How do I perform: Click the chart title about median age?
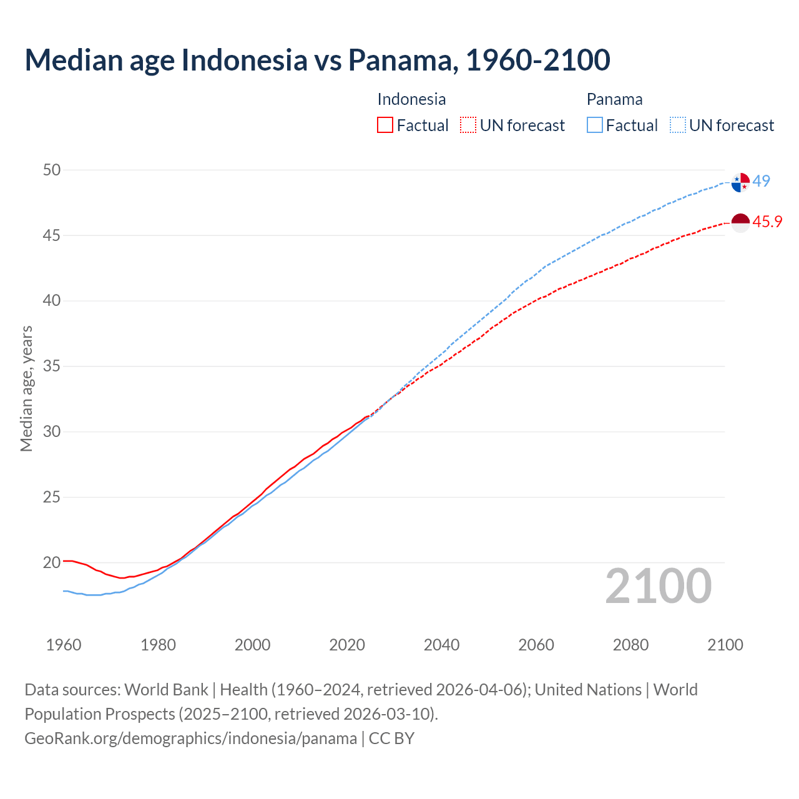(x=317, y=60)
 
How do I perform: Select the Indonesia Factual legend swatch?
(x=385, y=125)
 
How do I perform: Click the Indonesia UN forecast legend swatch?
(x=468, y=125)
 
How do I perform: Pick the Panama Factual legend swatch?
(x=595, y=125)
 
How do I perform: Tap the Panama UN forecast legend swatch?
(x=678, y=125)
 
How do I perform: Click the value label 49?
(x=762, y=181)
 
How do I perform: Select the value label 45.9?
(x=767, y=222)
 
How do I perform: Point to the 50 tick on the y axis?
(x=52, y=170)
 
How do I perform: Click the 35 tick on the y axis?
(x=52, y=366)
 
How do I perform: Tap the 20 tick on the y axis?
(x=52, y=562)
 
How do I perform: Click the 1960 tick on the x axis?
(x=64, y=645)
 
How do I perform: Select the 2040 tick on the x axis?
(x=441, y=645)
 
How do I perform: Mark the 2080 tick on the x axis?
(x=630, y=645)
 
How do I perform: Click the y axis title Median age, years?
(x=26, y=388)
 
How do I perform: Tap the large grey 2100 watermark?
(x=658, y=586)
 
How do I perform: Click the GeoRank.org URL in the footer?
(x=190, y=738)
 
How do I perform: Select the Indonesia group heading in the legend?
(x=411, y=99)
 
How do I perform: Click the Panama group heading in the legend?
(x=614, y=99)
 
